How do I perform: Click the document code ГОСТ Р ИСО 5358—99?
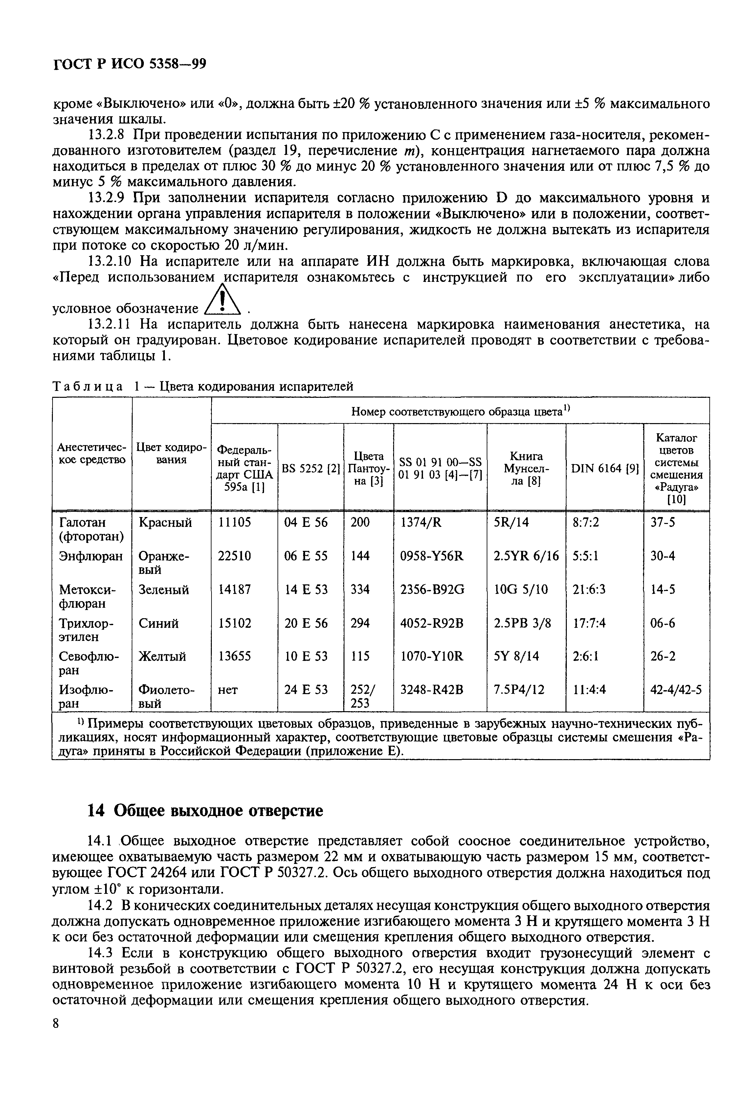129,64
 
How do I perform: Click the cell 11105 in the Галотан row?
234,523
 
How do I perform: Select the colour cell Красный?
165,523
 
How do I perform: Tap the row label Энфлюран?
91,556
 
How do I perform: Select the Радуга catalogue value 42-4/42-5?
676,690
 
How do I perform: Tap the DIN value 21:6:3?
589,590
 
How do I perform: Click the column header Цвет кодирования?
171,454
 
